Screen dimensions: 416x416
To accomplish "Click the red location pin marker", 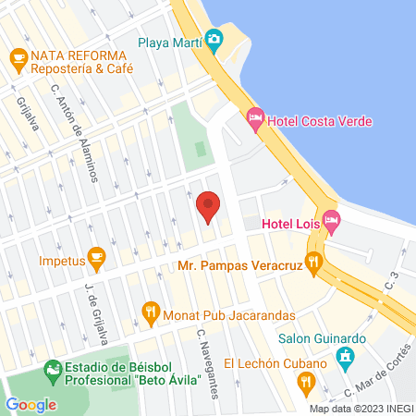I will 208,206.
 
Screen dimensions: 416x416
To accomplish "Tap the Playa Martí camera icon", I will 214,38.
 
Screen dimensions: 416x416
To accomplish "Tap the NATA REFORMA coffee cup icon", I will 18,57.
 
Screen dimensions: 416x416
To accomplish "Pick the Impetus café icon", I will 95,256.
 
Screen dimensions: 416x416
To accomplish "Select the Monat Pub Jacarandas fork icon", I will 151,312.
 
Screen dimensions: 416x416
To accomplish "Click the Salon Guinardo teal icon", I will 347,357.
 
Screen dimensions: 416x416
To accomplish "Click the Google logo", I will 31,404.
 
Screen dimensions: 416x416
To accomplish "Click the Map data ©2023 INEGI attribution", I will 361,409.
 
